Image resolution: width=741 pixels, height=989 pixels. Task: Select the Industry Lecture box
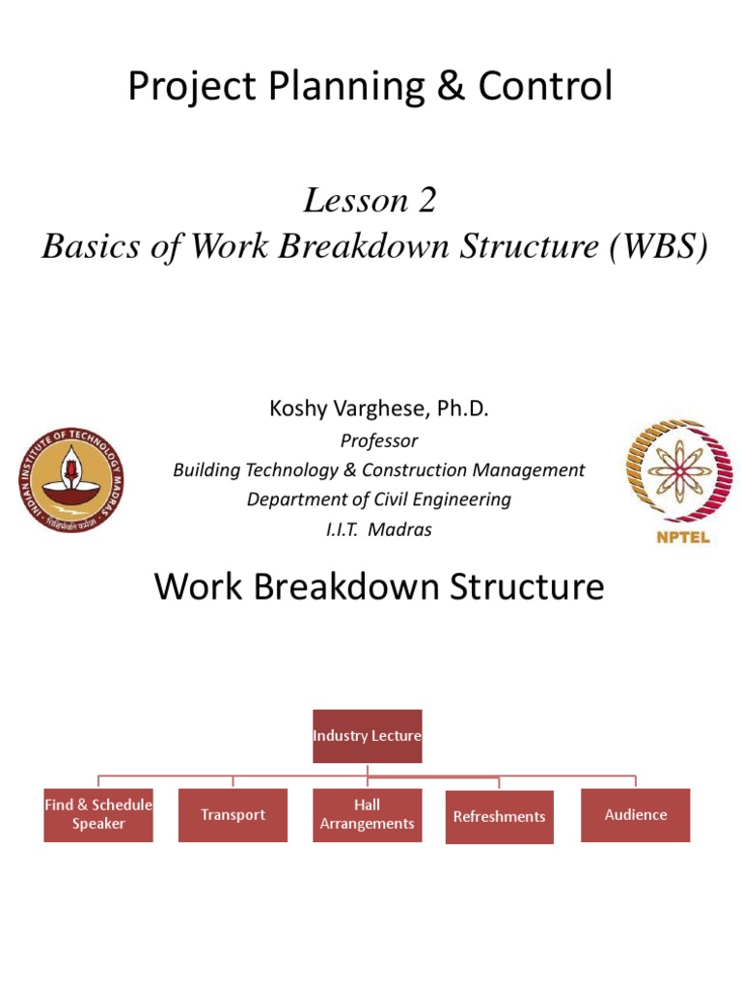(367, 736)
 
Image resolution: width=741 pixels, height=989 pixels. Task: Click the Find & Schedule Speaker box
(98, 814)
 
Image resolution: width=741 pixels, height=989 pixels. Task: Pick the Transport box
(233, 814)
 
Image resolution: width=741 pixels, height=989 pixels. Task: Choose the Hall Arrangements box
(367, 814)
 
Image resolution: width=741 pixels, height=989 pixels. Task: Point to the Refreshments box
(499, 817)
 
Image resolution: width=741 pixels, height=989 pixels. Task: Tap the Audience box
(635, 814)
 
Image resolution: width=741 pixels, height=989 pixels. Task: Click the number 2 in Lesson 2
(427, 200)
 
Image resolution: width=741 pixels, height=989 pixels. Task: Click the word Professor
(379, 440)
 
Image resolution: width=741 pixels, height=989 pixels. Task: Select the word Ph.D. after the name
(462, 410)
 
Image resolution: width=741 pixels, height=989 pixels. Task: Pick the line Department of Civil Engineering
(379, 499)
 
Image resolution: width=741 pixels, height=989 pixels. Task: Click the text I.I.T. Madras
(379, 529)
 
